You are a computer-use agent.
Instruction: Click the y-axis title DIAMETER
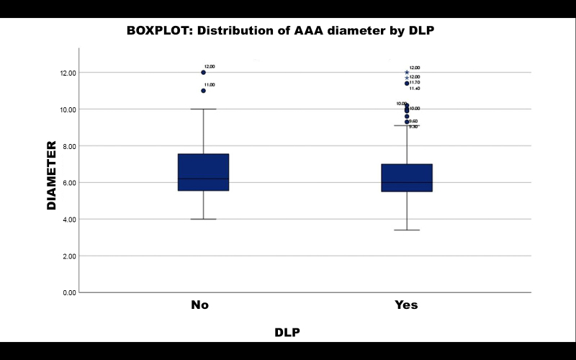coord(51,175)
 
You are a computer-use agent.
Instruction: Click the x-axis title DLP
coord(287,332)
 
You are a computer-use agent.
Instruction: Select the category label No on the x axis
coord(199,305)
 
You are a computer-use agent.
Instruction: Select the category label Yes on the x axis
coord(406,305)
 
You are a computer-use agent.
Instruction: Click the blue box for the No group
coord(203,172)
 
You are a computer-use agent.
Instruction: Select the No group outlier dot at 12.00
coord(204,72)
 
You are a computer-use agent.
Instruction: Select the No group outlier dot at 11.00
coord(204,91)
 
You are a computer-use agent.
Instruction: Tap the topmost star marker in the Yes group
coord(407,72)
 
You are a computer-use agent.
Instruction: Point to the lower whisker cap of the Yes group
coord(407,230)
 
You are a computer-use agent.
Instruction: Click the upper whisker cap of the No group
coord(204,109)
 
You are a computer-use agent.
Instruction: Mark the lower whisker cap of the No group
coord(204,219)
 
